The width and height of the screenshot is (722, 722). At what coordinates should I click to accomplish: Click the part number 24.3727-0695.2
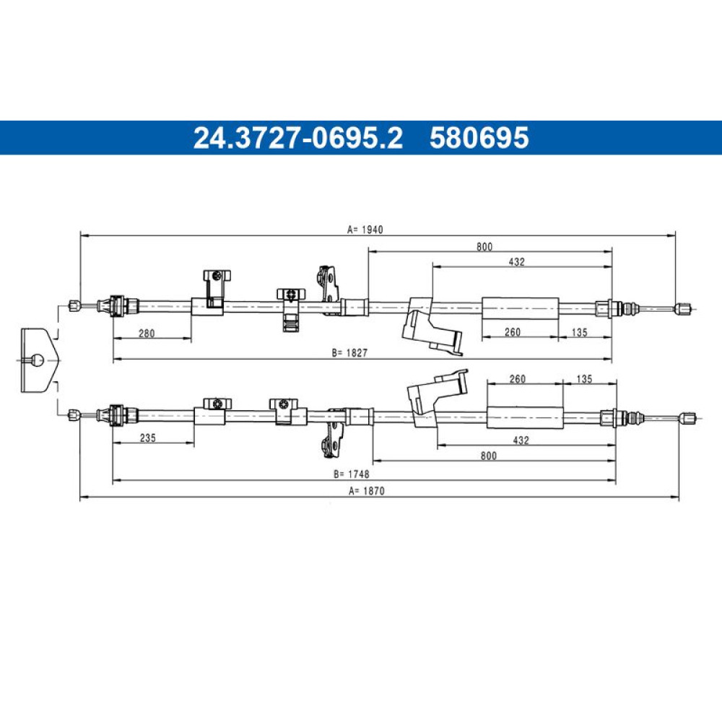[298, 138]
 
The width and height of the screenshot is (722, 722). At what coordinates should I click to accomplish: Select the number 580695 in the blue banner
[479, 138]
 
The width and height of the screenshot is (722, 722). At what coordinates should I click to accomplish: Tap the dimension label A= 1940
[365, 230]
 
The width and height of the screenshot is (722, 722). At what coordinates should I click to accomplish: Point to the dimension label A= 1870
[367, 491]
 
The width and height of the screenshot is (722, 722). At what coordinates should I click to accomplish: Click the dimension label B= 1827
[350, 353]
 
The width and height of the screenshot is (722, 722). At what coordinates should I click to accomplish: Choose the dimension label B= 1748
[352, 474]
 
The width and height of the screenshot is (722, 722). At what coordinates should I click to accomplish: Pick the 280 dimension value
[147, 333]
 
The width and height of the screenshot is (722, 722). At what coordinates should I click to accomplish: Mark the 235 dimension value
[147, 438]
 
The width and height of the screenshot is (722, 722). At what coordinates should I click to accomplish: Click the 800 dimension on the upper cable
[484, 247]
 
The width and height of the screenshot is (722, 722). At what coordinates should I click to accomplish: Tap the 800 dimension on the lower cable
[489, 456]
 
